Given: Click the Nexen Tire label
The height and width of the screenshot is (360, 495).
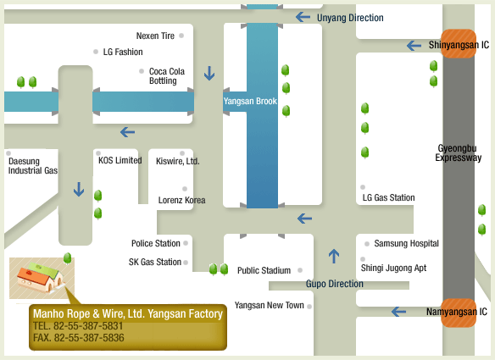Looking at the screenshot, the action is coord(155,36).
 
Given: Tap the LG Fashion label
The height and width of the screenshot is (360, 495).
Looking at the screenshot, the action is coord(123,52).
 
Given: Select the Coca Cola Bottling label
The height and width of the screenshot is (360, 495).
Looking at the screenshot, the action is coord(167,76).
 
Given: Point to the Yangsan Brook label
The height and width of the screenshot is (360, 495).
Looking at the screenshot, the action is coord(250,101).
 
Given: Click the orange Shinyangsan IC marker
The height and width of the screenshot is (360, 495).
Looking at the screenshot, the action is coord(459,44).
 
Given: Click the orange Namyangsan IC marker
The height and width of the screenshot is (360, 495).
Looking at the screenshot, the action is coord(459,313).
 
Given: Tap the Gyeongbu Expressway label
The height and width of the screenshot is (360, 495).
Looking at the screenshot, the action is coord(458,152).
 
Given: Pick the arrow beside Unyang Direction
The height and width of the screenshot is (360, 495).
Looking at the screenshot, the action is coord(303,17).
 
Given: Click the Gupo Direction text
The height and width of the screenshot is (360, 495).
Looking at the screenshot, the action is coord(334,284).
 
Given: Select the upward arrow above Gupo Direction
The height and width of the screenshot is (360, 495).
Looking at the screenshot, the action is coord(334,256).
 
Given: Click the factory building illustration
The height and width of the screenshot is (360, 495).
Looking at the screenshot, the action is coord(41,278).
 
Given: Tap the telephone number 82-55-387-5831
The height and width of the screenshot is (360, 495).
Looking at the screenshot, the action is coord(88,326).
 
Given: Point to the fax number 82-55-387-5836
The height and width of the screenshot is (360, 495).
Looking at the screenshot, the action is coord(89,338).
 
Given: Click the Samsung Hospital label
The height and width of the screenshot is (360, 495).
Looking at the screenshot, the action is coord(406,243).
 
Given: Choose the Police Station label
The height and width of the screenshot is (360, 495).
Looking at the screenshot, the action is coord(156,243).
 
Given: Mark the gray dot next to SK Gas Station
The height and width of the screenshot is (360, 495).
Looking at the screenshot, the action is coord(186,263).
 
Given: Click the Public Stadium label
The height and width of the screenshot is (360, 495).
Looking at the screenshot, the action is coord(264,270).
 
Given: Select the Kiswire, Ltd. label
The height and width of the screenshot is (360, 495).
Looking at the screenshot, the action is coord(178,161).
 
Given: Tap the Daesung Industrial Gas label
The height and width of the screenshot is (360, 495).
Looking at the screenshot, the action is coord(33,166).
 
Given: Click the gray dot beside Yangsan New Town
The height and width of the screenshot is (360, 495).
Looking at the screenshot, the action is coord(309,307).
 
